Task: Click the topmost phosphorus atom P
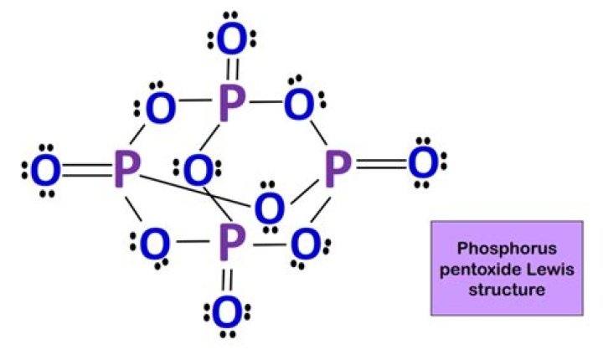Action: coord(231,103)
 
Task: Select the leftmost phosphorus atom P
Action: coord(126,170)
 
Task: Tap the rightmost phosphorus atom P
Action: coord(337,168)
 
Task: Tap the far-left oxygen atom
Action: coord(45,171)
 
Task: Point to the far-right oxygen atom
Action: coord(423,164)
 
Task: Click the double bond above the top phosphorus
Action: coord(232,70)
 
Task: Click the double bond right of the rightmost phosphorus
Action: coord(380,166)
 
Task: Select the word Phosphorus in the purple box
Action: coord(507,249)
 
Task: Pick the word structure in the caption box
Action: coord(507,290)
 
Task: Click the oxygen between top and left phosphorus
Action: coord(158,106)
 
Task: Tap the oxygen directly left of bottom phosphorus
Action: coord(154,246)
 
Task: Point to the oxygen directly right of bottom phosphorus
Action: coord(307,245)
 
